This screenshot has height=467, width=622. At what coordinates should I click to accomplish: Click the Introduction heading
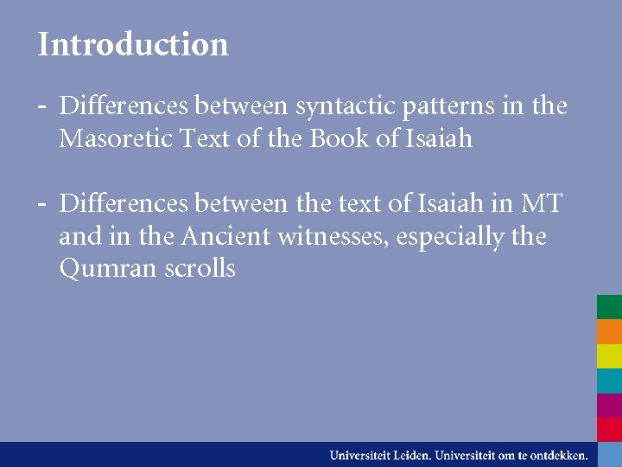(x=133, y=44)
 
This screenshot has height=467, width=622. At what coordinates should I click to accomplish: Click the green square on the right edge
(x=609, y=307)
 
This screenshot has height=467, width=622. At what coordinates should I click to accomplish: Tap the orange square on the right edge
(x=609, y=332)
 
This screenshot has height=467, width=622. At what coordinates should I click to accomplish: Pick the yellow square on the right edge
(x=609, y=356)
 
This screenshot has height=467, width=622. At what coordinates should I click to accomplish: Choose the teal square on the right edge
(x=609, y=381)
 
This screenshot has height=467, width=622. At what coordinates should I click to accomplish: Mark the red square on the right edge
(x=609, y=429)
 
